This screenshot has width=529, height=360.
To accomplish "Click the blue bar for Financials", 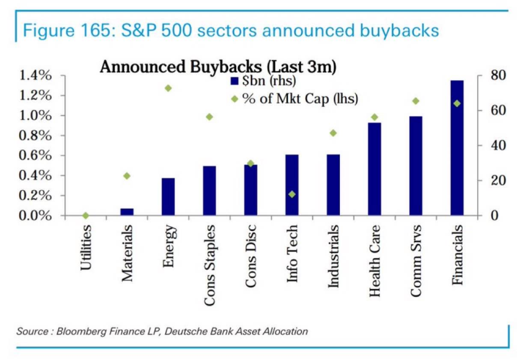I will click(457, 148).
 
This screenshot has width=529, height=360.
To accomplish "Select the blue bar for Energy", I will click(168, 197).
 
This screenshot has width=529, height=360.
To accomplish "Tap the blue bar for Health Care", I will click(375, 169).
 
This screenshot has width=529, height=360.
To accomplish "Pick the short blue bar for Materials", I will click(127, 212).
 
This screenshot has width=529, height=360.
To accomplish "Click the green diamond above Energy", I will click(168, 88).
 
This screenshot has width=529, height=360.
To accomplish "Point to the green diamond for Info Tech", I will click(292, 194).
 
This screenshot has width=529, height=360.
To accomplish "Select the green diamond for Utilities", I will click(86, 216).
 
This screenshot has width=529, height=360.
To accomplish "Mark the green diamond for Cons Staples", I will click(210, 117).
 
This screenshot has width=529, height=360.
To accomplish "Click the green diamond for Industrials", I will click(333, 133).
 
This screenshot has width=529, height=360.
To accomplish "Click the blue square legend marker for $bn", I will click(235, 80).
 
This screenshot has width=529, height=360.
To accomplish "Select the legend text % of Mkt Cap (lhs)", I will click(300, 98).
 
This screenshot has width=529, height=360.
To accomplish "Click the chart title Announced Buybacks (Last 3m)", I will click(218, 67).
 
